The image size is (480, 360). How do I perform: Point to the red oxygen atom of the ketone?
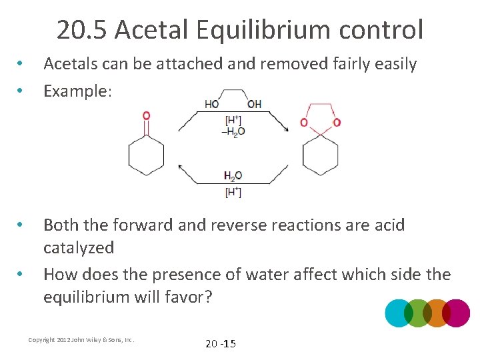(x=146, y=115)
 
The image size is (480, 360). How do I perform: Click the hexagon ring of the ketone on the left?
(x=146, y=155)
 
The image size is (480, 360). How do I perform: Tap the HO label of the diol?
(x=211, y=104)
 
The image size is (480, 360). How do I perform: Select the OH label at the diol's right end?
(x=254, y=104)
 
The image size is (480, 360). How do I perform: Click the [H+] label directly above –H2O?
(x=233, y=120)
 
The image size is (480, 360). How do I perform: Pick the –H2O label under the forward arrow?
(x=233, y=131)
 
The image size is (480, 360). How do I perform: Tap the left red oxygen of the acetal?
(x=304, y=123)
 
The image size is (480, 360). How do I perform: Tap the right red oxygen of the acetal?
(x=337, y=123)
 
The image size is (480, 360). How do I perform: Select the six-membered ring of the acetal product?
(x=321, y=155)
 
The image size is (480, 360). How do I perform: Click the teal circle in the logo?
(x=399, y=313)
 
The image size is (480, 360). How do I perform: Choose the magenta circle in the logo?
(x=457, y=313)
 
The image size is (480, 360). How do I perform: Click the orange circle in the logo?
(x=437, y=313)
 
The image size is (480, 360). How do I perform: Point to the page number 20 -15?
(x=221, y=344)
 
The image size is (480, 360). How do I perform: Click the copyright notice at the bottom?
(x=81, y=340)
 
